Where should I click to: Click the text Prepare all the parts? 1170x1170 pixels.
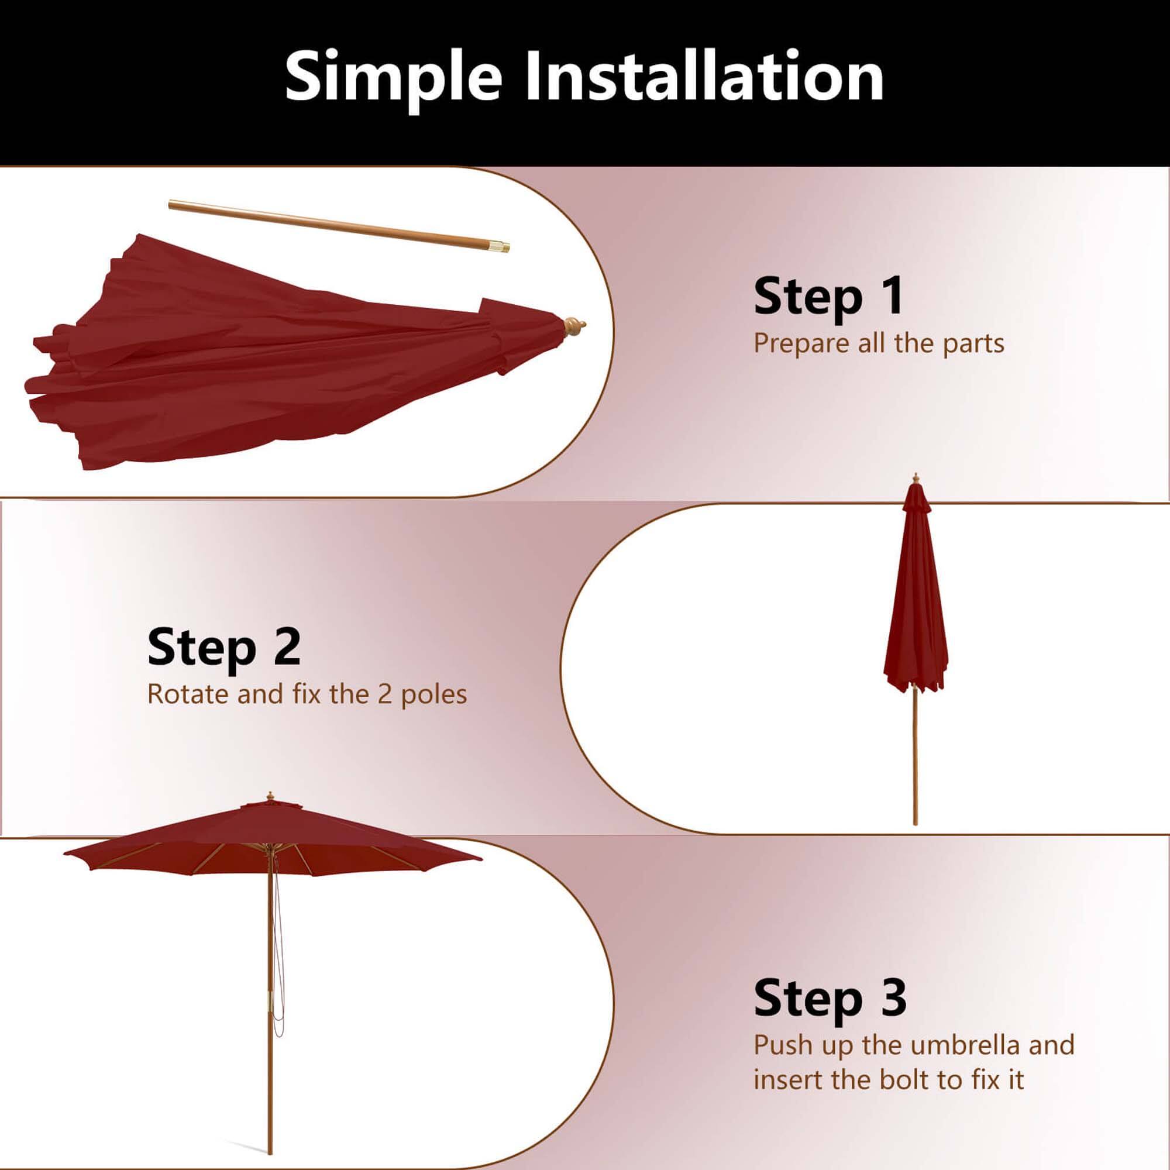pos(879,344)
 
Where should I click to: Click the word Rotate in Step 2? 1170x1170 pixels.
pos(188,694)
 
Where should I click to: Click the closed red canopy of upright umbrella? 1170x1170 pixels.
pos(914,605)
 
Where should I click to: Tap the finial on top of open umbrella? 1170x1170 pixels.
pos(270,796)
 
